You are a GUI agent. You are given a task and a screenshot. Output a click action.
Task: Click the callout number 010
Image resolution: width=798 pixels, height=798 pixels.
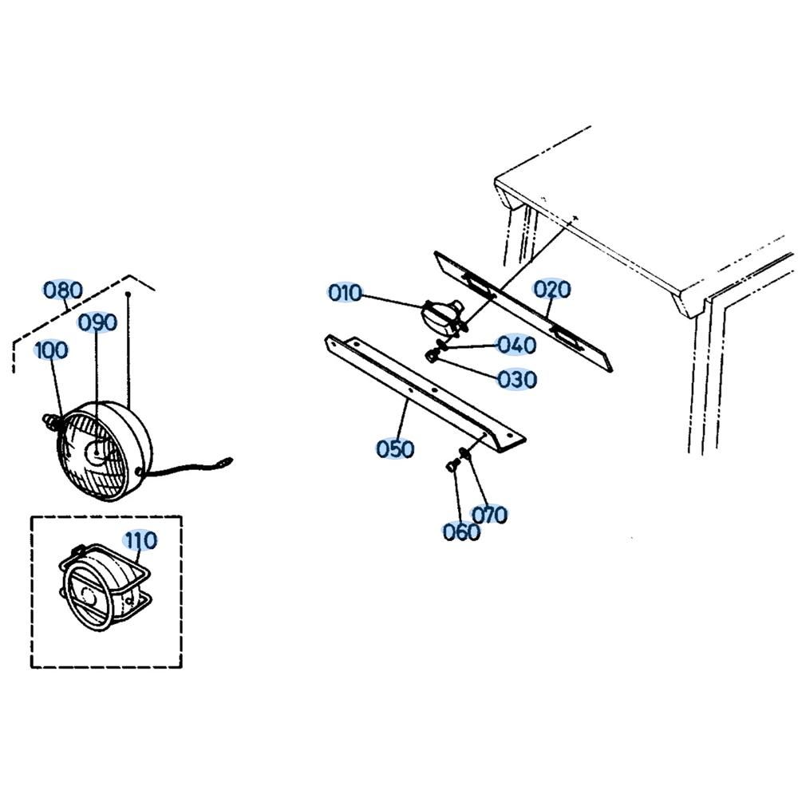coord(345,293)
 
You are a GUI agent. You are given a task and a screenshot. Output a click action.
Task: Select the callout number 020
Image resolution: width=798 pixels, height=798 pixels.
coord(552,289)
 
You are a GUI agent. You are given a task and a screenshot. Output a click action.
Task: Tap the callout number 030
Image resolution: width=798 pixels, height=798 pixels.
coord(516,379)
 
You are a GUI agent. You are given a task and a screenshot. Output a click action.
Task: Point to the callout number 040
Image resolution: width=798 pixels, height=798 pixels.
coord(516,345)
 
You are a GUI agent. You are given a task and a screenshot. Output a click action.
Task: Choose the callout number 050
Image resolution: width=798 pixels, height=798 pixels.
coord(396,449)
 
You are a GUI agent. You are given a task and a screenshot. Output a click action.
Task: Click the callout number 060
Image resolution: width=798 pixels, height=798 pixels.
coord(462,531)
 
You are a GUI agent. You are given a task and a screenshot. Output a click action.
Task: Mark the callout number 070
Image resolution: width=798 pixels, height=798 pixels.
coord(489,515)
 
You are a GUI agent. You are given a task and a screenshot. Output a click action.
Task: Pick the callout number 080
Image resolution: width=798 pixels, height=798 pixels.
coord(63,290)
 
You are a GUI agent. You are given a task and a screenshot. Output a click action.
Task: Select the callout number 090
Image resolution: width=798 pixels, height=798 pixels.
coord(97,322)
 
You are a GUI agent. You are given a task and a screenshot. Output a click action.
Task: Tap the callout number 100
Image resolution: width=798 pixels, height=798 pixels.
coord(51,350)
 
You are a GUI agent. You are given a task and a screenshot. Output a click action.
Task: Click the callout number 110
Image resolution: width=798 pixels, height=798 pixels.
coord(140,540)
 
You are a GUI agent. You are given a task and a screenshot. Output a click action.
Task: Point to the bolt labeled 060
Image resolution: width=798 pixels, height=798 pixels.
coord(452,466)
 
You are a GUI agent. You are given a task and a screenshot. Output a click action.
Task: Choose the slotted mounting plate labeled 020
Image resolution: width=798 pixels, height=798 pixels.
coord(523,311)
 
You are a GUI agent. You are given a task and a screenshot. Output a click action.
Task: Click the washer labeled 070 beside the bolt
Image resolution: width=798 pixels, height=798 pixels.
coord(464,456)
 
